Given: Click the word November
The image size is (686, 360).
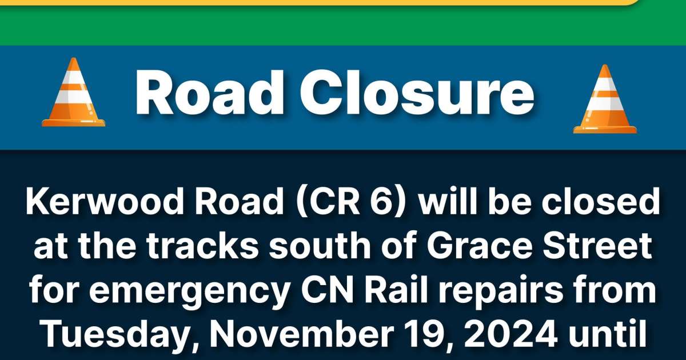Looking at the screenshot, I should tap(284, 333).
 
